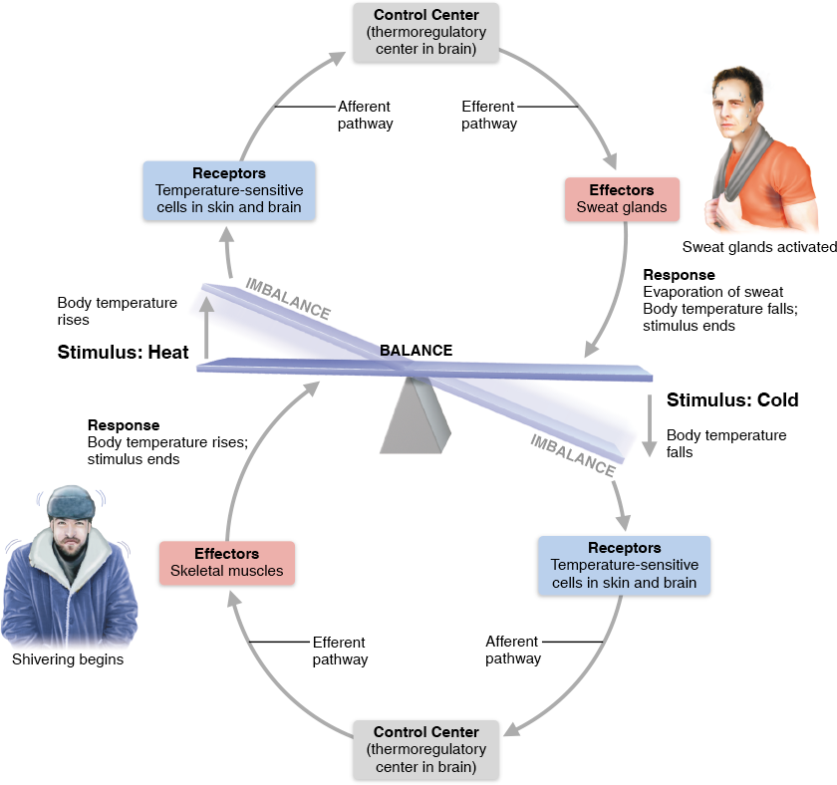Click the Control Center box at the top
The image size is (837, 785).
425,33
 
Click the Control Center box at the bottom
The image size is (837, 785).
425,749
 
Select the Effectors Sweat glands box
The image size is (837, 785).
622,199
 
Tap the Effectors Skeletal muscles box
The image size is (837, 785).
227,563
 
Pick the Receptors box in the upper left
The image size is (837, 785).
229,190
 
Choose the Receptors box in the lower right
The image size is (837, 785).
624,565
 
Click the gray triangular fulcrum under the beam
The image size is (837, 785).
416,416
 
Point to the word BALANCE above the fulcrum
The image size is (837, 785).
416,351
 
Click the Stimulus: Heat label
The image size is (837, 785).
123,352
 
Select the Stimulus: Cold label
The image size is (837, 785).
732,400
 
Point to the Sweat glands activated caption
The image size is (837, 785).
759,248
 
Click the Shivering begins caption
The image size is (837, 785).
68,659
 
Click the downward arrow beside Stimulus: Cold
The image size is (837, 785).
648,418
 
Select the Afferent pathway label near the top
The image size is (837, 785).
365,116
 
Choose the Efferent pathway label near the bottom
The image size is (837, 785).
340,652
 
